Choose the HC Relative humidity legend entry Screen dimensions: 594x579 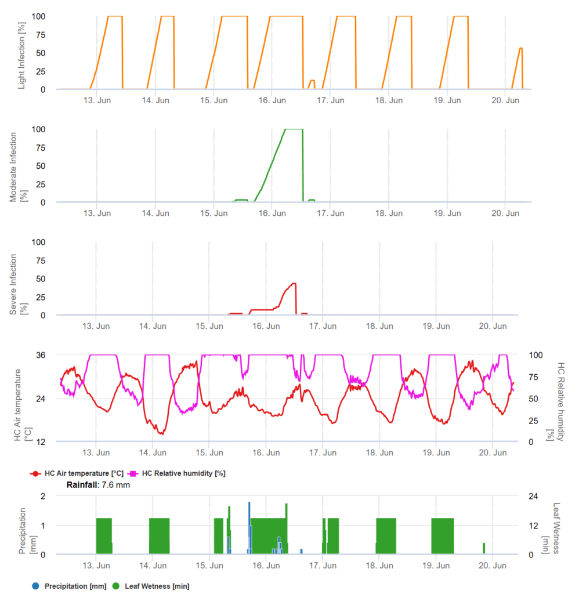(179, 473)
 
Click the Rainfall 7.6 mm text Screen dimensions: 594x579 (98, 485)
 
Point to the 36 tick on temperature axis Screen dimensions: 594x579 (42, 354)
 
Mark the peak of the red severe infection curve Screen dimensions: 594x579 (294, 283)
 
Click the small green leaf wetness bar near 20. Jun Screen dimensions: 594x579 (484, 548)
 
